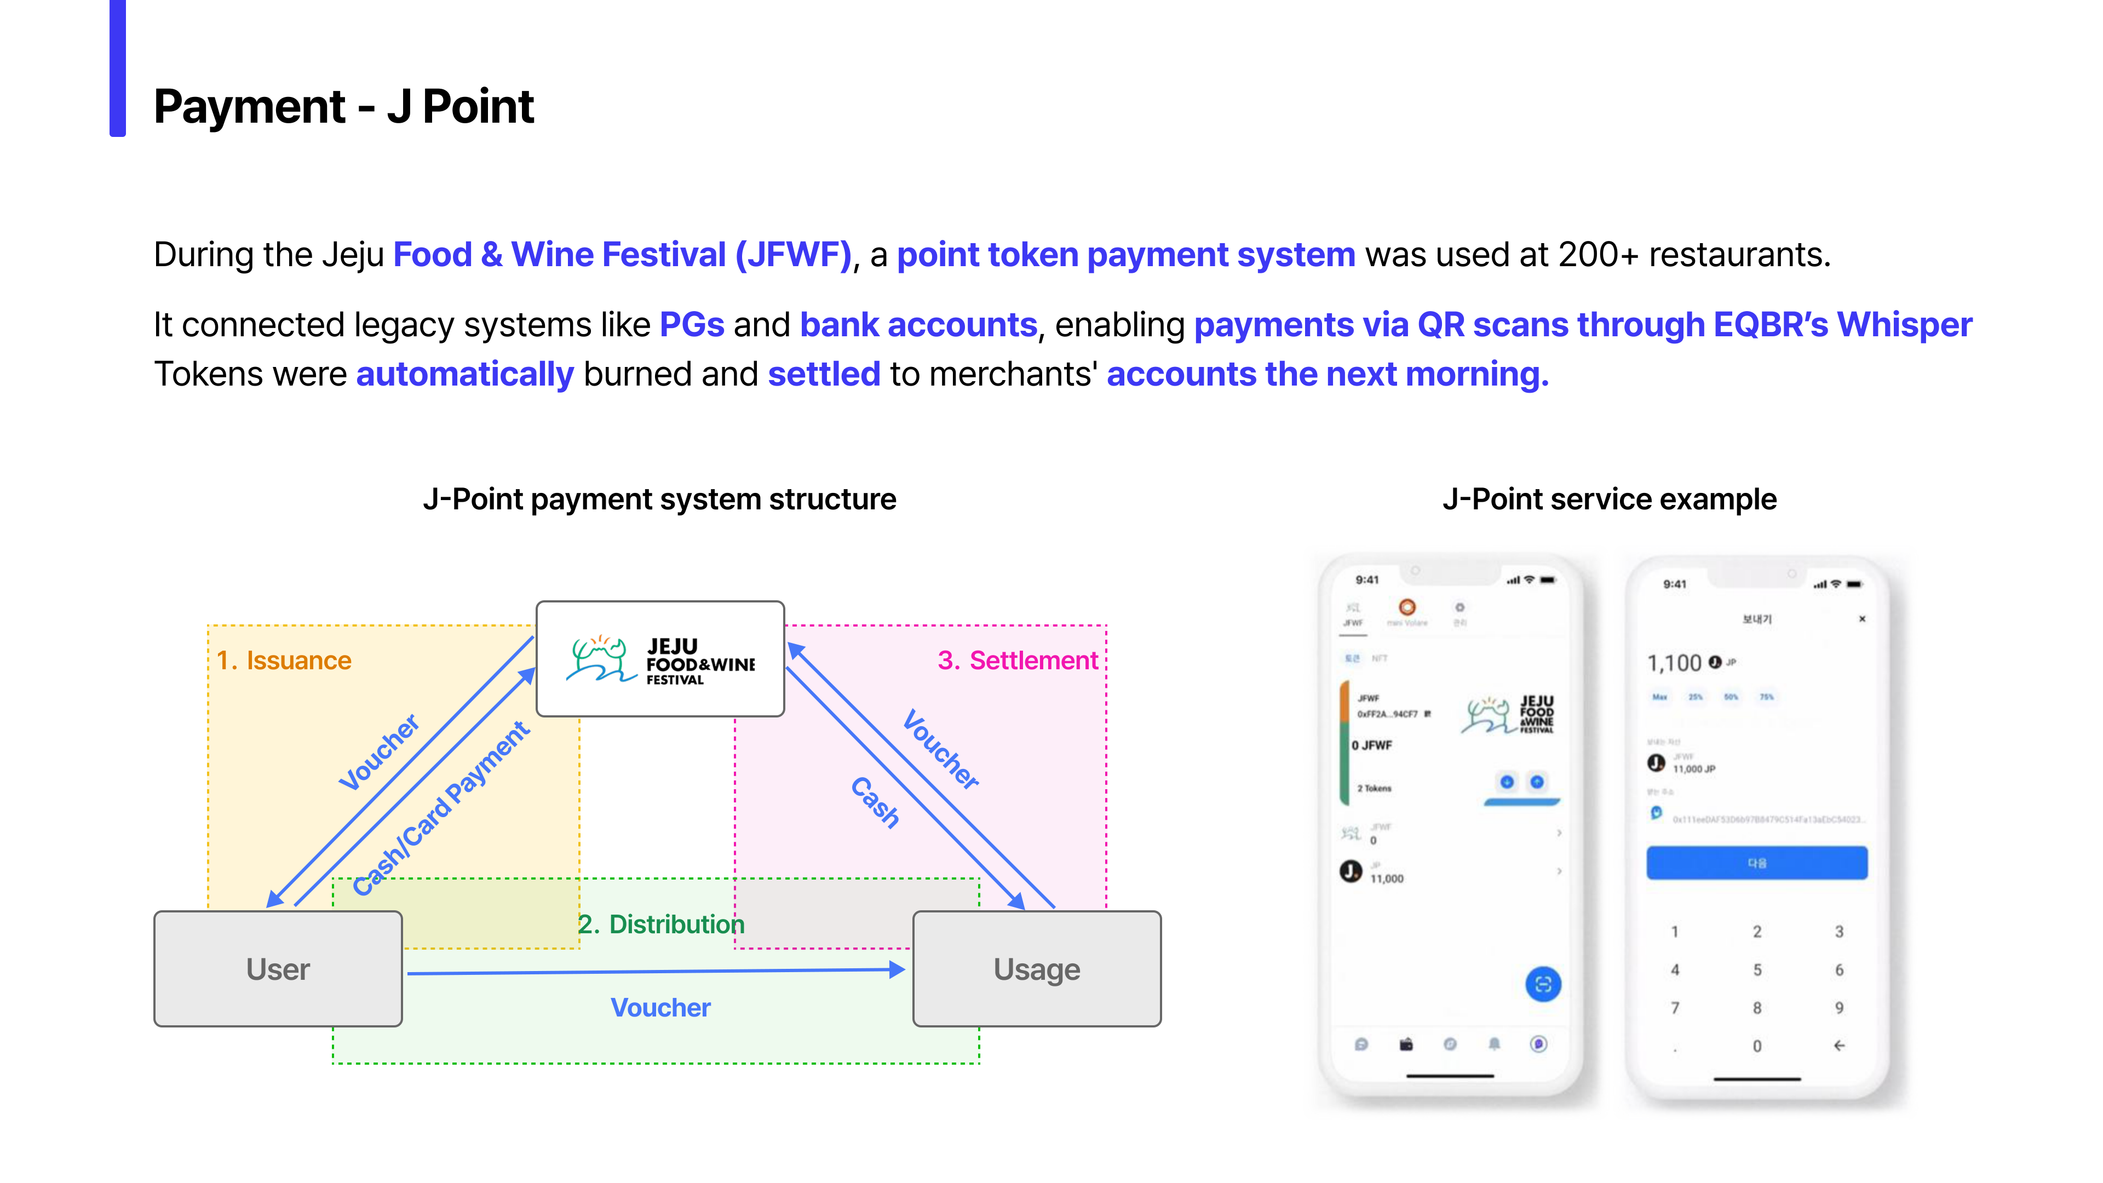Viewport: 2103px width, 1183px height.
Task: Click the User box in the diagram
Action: click(278, 968)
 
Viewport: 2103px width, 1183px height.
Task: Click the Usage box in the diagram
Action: click(1036, 968)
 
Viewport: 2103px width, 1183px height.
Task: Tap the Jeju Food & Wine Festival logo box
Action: click(659, 659)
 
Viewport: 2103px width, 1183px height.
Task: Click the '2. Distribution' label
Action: click(661, 923)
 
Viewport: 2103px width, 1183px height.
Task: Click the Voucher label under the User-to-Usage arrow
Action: click(660, 1008)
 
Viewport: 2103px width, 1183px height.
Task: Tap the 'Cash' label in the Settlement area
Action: click(875, 802)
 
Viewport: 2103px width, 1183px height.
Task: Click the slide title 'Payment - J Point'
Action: click(344, 106)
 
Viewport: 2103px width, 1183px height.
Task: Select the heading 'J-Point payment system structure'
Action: click(659, 499)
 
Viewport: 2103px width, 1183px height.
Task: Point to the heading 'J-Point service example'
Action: click(1609, 499)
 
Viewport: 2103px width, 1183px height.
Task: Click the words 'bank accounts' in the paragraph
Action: click(918, 325)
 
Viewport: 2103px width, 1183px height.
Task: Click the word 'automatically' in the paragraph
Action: click(466, 374)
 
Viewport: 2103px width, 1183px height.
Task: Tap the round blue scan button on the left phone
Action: click(1542, 984)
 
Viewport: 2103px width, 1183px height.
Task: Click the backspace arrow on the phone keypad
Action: click(1838, 1045)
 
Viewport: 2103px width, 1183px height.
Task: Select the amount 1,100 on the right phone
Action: click(1674, 663)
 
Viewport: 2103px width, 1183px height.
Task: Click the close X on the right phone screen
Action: click(1862, 619)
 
